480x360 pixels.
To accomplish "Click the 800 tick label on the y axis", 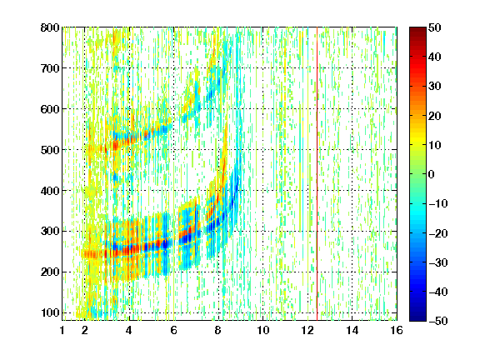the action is click(x=50, y=27).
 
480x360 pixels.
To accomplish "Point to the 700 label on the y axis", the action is click(x=50, y=68).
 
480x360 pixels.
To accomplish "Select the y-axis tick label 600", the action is click(x=50, y=109).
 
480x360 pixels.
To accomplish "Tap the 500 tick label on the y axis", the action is click(x=50, y=150).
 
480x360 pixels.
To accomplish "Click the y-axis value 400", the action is click(x=50, y=191).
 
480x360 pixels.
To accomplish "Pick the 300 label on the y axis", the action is click(x=50, y=232).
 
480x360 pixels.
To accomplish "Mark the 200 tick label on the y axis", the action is click(x=50, y=272).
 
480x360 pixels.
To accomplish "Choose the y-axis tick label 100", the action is click(x=50, y=312).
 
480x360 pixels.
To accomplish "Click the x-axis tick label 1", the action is click(x=62, y=330).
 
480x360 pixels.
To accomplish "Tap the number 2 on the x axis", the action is click(x=85, y=330).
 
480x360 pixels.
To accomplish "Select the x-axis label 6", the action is click(x=174, y=330).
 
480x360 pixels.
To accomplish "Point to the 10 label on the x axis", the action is click(x=263, y=330).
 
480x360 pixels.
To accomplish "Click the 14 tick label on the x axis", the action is click(x=352, y=330).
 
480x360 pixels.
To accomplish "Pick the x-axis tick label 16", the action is click(x=397, y=330).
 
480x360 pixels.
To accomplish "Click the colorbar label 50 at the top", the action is click(x=435, y=27).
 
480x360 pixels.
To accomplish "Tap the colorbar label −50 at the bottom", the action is click(x=438, y=321).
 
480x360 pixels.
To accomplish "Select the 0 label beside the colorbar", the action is click(x=432, y=174).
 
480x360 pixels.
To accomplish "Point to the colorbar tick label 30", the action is click(x=435, y=87).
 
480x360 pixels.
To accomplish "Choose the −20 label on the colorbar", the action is click(x=438, y=233).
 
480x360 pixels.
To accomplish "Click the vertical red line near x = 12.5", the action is click(x=317, y=174).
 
